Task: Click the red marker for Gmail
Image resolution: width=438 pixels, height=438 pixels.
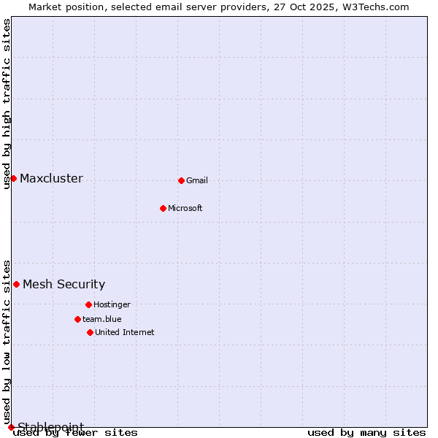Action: pos(181,180)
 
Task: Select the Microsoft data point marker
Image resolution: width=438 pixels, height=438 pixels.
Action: pos(163,208)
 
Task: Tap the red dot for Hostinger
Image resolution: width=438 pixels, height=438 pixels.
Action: pos(88,304)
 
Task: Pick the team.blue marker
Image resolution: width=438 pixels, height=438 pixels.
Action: pos(77,319)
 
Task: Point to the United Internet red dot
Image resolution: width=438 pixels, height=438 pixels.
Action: pos(90,332)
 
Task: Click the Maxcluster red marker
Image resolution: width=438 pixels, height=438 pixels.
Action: pos(13,178)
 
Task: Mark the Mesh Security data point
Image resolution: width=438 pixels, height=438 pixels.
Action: pos(16,284)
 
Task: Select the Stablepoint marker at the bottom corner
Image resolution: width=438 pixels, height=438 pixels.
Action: pos(11,427)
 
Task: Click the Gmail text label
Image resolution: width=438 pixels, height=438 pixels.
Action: pos(197,181)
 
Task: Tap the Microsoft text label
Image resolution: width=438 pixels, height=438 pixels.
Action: pos(185,209)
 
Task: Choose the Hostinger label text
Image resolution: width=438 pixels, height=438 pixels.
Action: pos(112,305)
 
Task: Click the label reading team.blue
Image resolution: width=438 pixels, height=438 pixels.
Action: pos(102,320)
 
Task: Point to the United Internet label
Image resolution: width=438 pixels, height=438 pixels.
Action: pos(125,333)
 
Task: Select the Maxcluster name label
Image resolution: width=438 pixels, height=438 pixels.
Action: pos(51,179)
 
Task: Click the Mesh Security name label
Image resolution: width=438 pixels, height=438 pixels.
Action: pos(64,285)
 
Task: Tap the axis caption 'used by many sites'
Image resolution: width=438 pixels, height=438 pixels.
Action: pos(366,433)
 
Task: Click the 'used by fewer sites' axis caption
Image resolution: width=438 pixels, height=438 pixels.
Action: pos(76,433)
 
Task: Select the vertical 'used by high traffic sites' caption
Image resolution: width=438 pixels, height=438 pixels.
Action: pos(7,104)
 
